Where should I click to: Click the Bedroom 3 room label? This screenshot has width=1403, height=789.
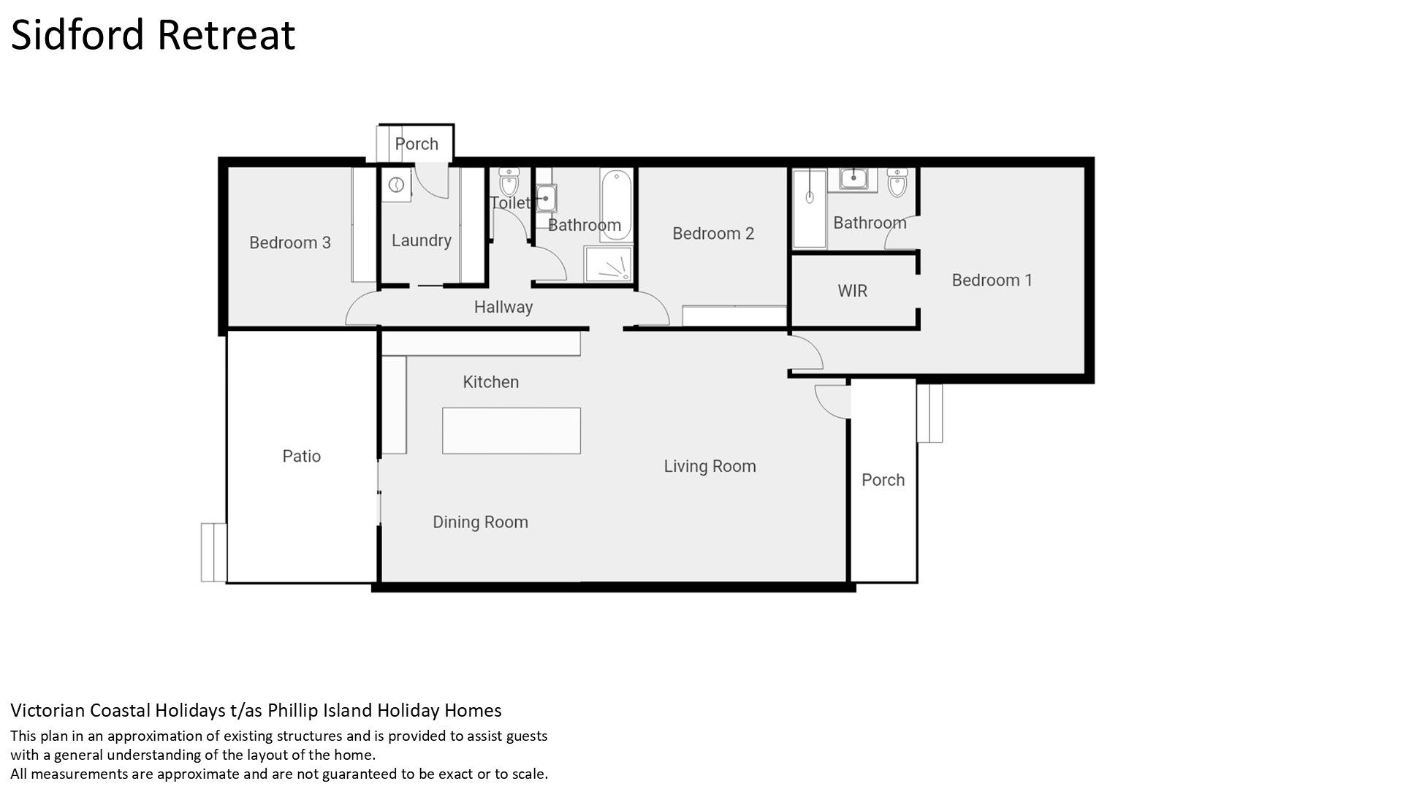point(290,243)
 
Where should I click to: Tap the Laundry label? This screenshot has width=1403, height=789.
point(421,240)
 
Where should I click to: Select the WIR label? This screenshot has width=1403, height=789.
point(852,291)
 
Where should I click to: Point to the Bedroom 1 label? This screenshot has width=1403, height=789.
point(992,280)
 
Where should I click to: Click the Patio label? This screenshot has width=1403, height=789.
point(301,456)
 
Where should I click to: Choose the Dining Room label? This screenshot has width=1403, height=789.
point(480,522)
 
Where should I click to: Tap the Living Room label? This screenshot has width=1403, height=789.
point(710,466)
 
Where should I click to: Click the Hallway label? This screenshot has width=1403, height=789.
point(503,307)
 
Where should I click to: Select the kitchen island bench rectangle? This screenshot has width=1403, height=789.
point(512,430)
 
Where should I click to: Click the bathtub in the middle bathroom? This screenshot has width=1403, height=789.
point(617,196)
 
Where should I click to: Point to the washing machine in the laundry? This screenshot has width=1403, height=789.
point(396,186)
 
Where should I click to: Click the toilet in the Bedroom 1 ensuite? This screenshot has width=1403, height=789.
point(897,183)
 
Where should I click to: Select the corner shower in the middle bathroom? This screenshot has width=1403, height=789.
point(608,264)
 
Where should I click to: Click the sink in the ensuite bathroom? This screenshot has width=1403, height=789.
point(853,179)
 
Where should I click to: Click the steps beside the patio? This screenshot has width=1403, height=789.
point(213,552)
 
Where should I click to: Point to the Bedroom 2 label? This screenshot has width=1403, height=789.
point(713,234)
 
